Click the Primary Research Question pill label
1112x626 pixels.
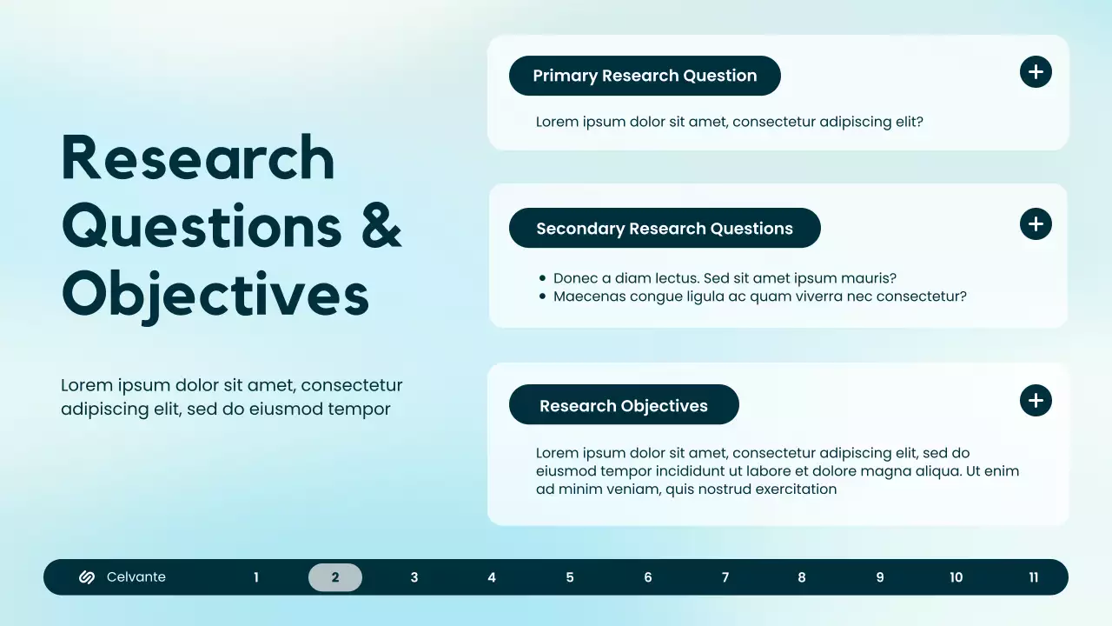pos(645,76)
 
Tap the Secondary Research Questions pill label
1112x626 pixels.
pos(665,229)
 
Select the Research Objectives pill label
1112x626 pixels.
pos(624,406)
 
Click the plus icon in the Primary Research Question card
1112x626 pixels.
pos(1036,71)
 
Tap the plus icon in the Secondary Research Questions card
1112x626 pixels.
pos(1036,224)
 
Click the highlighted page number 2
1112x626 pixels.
pos(335,577)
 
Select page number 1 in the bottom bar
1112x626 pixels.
pos(256,577)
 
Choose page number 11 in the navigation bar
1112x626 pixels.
pos(1033,577)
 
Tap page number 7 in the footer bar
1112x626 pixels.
pos(725,577)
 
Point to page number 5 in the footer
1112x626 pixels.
pos(570,577)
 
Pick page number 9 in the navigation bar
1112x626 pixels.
pos(880,577)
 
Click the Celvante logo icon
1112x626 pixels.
pos(87,577)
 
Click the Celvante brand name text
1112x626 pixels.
pos(136,577)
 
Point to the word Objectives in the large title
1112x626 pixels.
pos(215,296)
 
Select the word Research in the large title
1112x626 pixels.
pos(198,158)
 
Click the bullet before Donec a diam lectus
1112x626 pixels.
pos(542,279)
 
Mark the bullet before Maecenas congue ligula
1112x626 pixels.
pos(542,297)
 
